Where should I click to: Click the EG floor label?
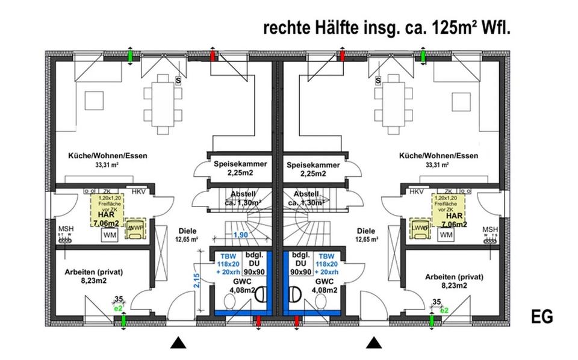tap(542, 316)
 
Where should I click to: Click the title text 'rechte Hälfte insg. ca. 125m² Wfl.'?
tap(386, 28)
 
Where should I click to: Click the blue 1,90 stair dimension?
tap(241, 235)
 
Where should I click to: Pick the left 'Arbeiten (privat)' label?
tap(94, 272)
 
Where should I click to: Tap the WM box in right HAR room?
tap(446, 235)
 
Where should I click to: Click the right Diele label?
tap(366, 231)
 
